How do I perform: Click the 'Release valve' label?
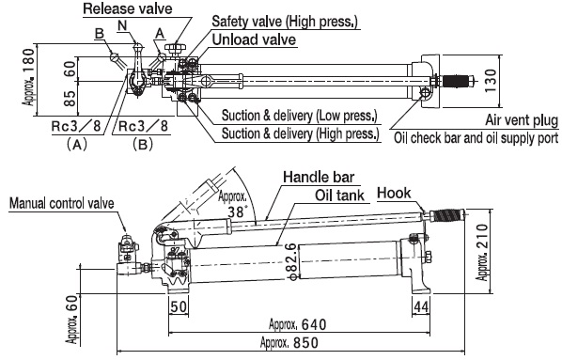pyautogui.click(x=128, y=8)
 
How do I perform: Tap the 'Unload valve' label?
pyautogui.click(x=254, y=39)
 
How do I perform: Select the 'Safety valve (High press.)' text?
pyautogui.click(x=285, y=22)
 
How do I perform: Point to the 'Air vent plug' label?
pyautogui.click(x=522, y=120)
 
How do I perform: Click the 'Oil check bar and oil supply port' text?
pyautogui.click(x=476, y=138)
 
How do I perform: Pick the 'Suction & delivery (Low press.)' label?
pyautogui.click(x=299, y=116)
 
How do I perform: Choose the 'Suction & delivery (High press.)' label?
pyautogui.click(x=301, y=133)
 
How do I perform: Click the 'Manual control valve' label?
pyautogui.click(x=62, y=203)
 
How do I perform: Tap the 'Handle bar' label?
pyautogui.click(x=319, y=177)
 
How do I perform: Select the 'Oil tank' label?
pyautogui.click(x=340, y=196)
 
